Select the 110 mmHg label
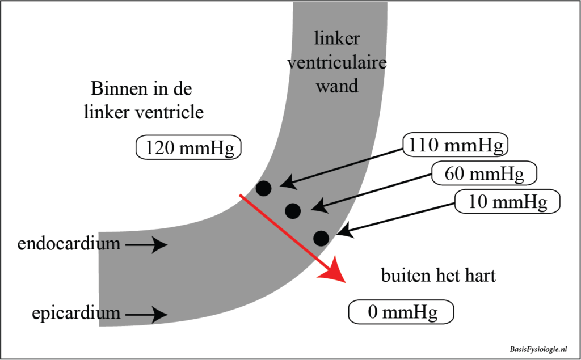455,146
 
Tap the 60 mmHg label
484,173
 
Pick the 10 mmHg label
507,201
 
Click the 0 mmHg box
401,312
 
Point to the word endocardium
69,244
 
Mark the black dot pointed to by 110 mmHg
264,188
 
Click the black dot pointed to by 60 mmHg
293,211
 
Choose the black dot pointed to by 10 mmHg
321,238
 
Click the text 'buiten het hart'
438,276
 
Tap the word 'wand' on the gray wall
337,86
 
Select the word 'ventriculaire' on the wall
337,62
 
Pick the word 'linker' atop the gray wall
337,39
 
